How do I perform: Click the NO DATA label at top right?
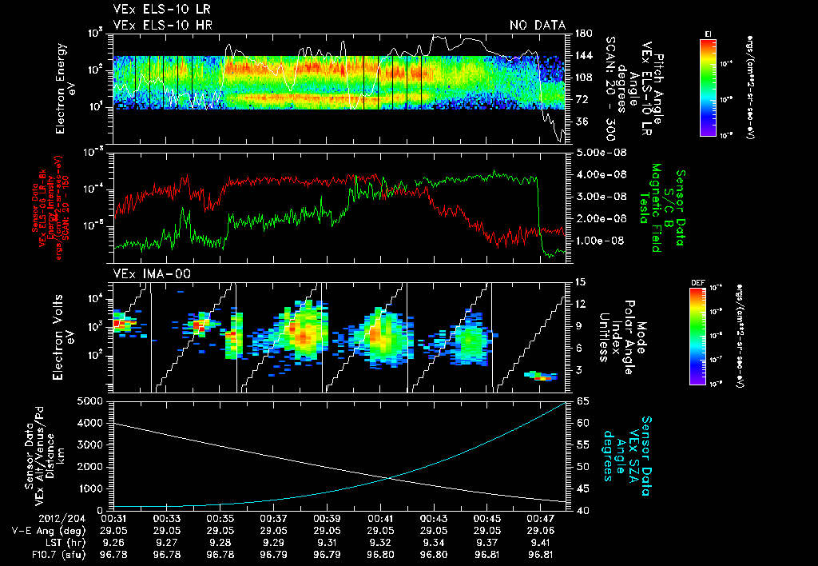537,26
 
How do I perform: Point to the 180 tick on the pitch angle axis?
582,33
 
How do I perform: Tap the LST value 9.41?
542,542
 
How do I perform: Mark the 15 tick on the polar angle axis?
581,282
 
